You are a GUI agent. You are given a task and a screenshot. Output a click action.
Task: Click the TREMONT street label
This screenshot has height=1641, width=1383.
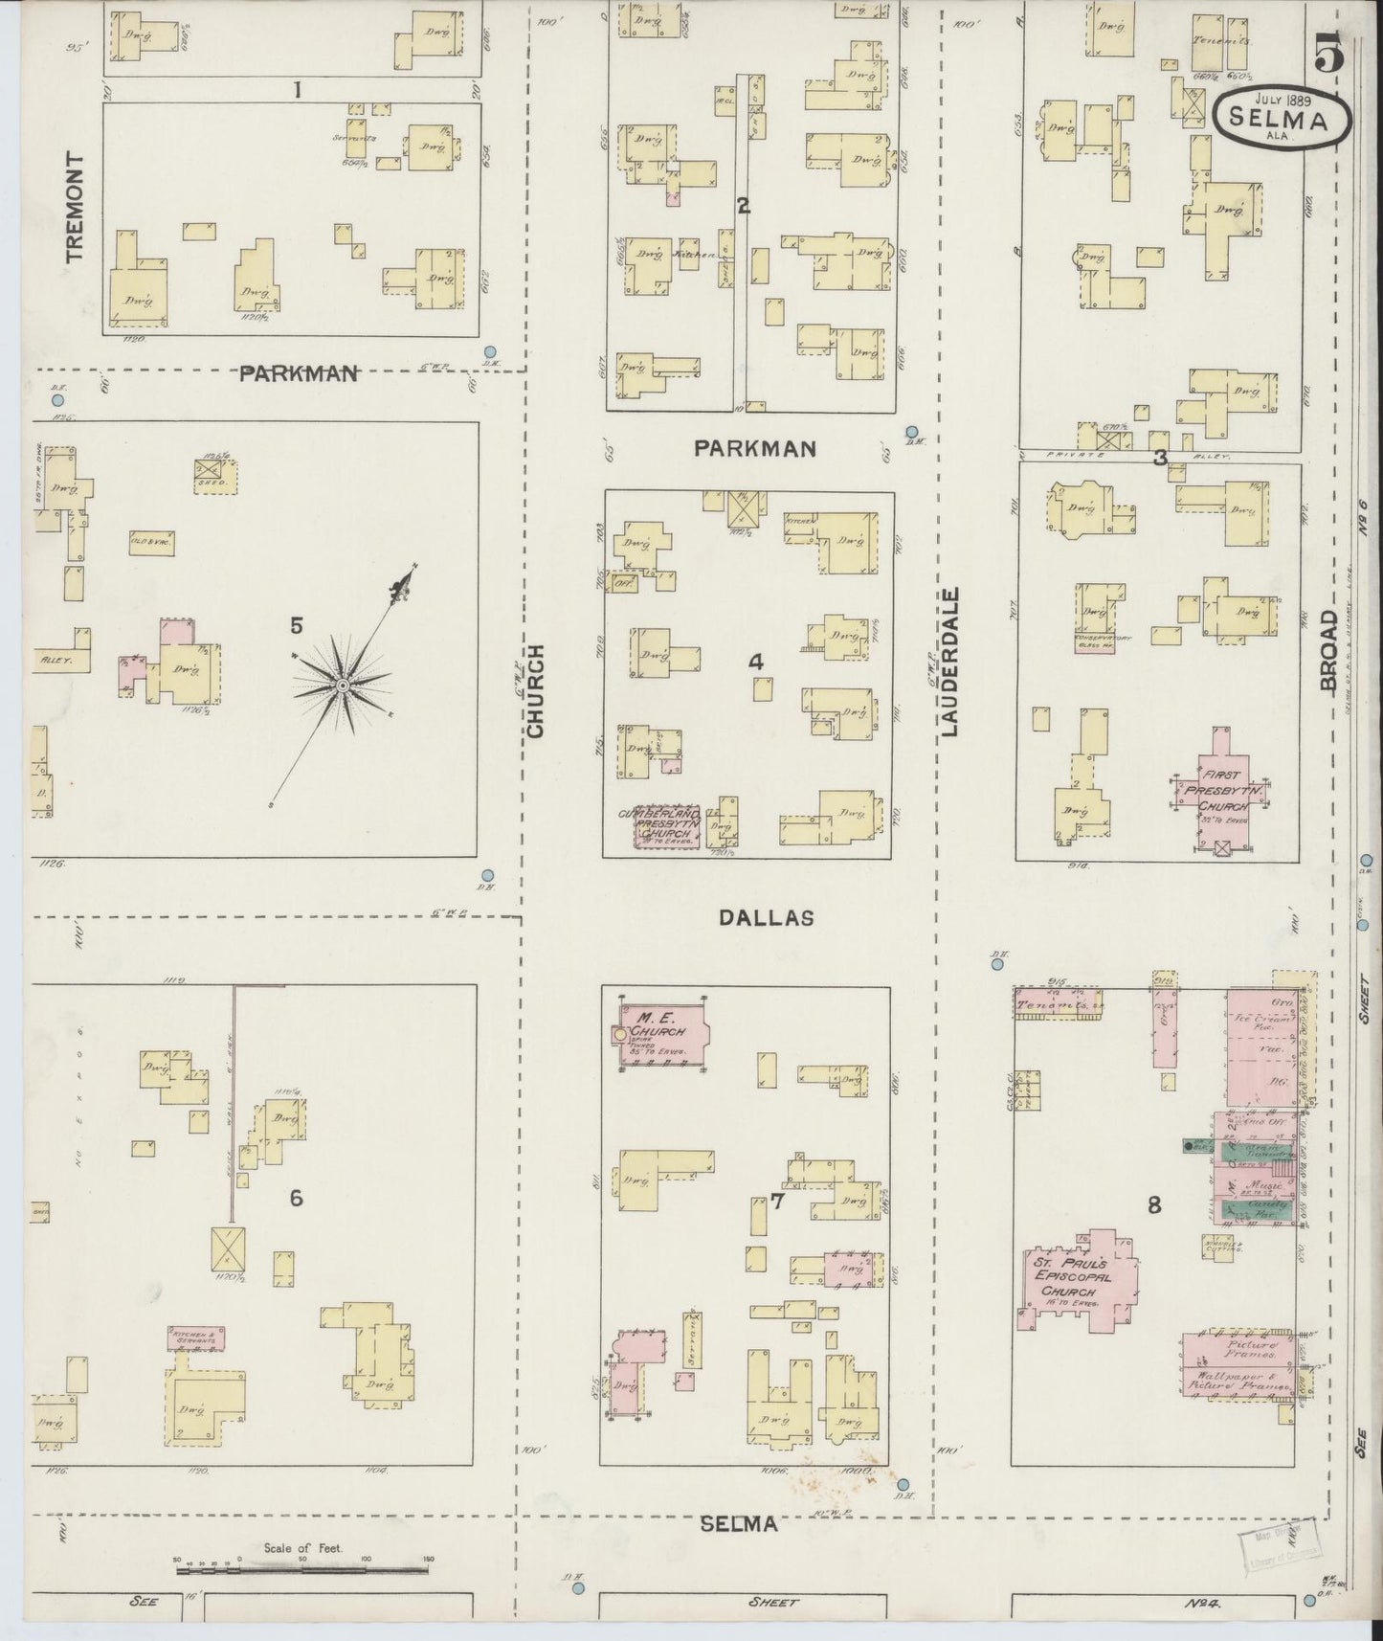click(x=76, y=207)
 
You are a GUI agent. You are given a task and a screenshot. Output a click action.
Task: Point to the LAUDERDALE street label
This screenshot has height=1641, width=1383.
click(x=949, y=662)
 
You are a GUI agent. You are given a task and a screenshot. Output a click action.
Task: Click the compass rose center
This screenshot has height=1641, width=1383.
click(x=342, y=686)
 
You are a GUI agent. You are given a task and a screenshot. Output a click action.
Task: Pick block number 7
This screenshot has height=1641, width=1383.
click(x=777, y=1202)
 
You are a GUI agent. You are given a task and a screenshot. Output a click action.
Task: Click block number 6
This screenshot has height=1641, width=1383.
click(x=296, y=1198)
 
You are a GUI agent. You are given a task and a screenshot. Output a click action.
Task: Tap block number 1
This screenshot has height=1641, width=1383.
click(x=298, y=90)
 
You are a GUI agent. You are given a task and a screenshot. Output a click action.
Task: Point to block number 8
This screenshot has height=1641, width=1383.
click(x=1154, y=1205)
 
